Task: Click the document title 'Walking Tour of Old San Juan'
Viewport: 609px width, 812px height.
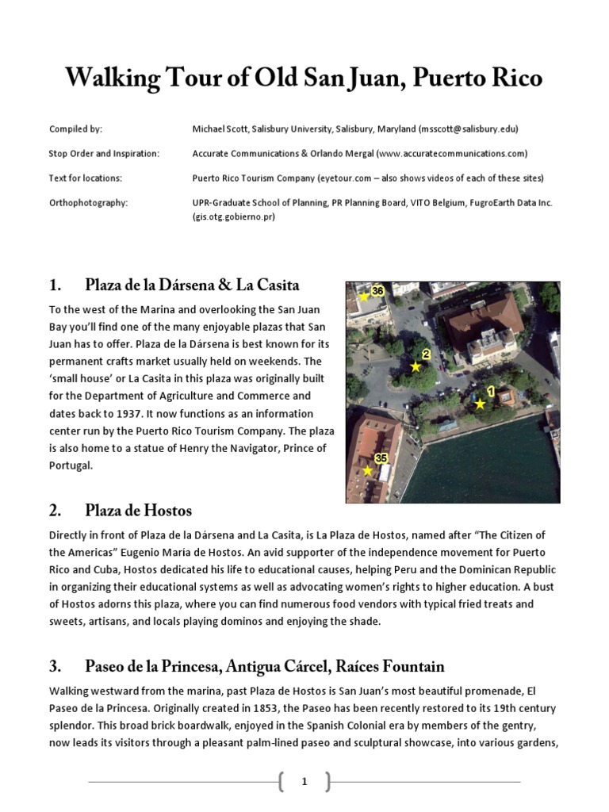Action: [304, 79]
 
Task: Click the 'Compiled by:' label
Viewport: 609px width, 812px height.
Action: [75, 128]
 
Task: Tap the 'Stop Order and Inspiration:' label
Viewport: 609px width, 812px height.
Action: [104, 153]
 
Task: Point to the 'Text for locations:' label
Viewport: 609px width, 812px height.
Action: [85, 178]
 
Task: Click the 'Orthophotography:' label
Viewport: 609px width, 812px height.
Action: [88, 202]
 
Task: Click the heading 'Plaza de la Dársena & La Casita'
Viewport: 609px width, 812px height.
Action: [192, 285]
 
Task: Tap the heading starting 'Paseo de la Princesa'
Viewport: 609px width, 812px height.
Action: [264, 665]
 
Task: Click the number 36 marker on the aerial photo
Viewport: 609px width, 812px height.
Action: [377, 290]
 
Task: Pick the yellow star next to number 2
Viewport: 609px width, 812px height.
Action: [415, 366]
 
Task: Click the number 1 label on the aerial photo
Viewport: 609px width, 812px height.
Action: [490, 390]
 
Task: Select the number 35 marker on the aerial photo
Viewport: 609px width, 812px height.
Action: [381, 458]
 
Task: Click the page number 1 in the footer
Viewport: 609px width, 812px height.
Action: [304, 782]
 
